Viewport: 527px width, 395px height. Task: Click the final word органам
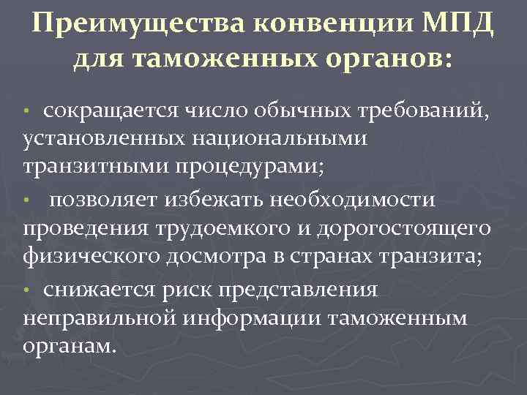[x=70, y=346]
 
